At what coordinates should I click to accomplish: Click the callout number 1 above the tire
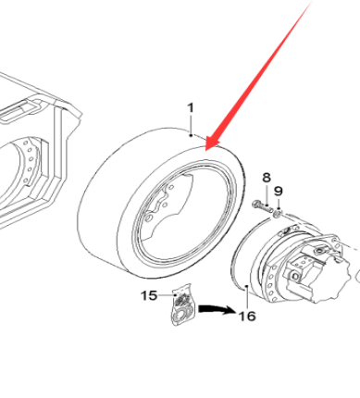coord(191,108)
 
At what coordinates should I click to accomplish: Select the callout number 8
coord(267,178)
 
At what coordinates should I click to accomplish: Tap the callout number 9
coord(279,192)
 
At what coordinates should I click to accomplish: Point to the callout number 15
coord(149,295)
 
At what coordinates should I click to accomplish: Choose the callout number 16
coord(247,317)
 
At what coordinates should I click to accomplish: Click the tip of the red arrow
coord(206,150)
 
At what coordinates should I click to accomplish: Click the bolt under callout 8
coord(263,206)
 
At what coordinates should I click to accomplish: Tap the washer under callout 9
coord(278,213)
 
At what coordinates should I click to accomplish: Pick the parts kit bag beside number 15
coord(183,305)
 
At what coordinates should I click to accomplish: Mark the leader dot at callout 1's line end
coord(192,135)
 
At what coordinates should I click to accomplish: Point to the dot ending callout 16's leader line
coord(247,287)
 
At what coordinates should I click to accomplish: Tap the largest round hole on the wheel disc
coord(149,218)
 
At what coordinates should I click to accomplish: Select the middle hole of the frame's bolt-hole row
coord(31,159)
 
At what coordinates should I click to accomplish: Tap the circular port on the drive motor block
coord(295,276)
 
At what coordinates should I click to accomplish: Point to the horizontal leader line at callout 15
coord(168,295)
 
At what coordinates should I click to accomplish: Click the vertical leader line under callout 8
coord(267,194)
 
